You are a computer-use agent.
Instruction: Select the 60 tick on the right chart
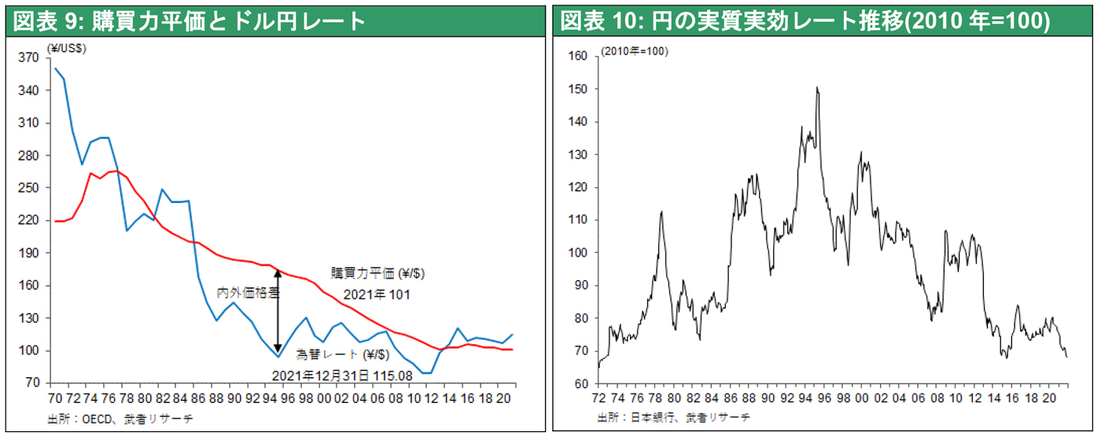tap(580, 384)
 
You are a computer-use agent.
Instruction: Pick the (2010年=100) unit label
tap(635, 51)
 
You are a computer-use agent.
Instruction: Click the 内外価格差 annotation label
tap(249, 291)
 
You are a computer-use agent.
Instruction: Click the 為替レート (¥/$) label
tap(343, 354)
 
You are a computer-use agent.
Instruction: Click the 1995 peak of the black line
tap(817, 87)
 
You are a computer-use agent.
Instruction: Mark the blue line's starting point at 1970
tap(55, 68)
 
